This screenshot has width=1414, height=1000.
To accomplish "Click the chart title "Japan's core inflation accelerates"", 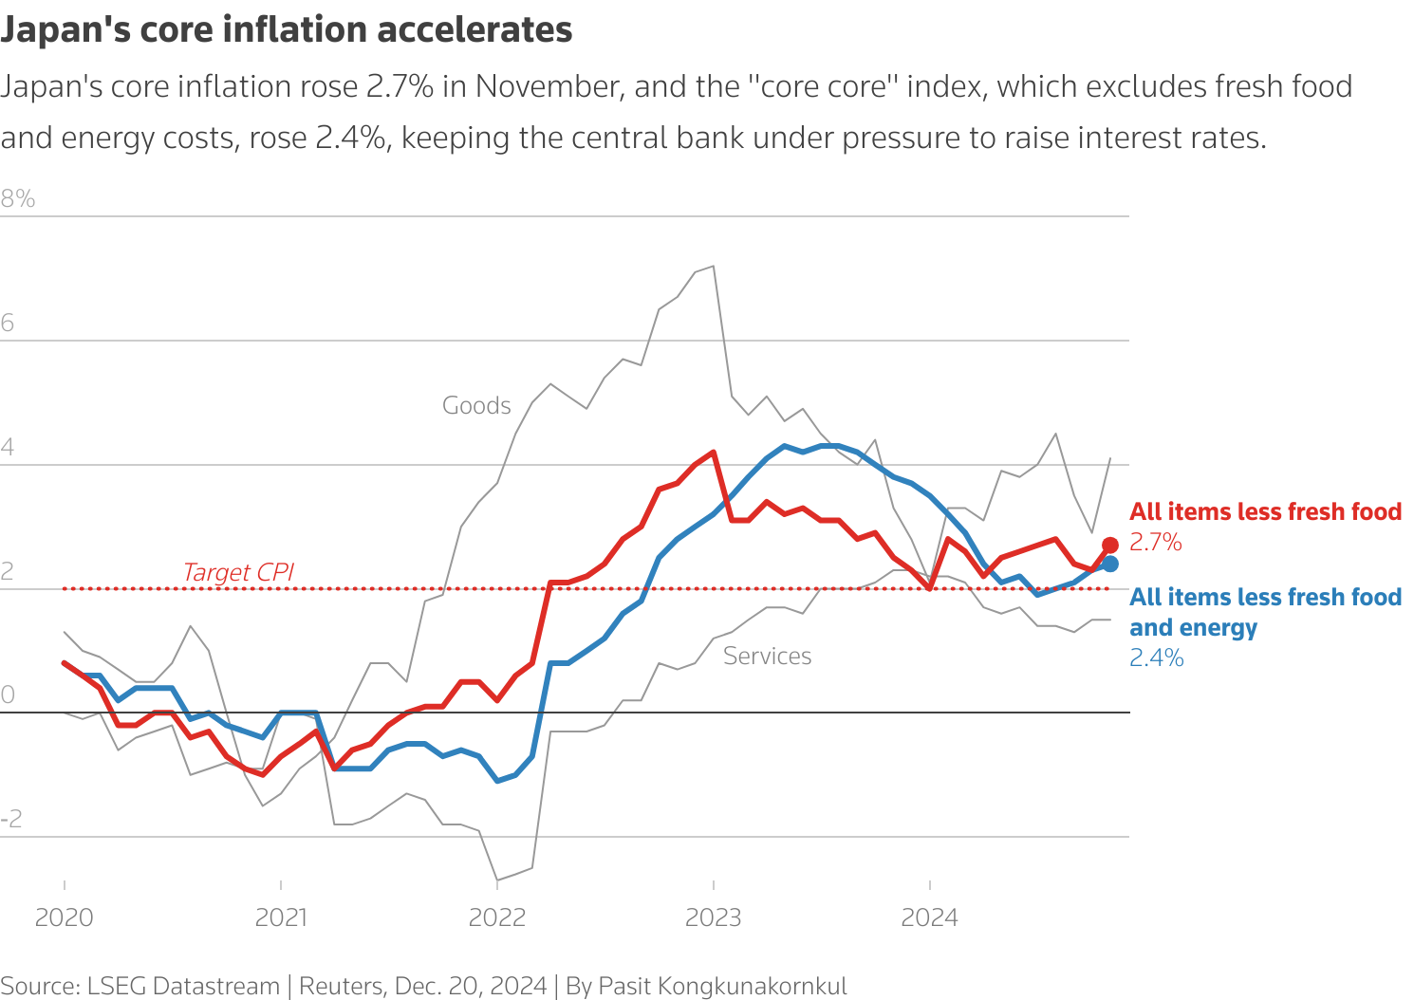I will point(287,29).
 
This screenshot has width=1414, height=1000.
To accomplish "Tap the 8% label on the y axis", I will point(18,198).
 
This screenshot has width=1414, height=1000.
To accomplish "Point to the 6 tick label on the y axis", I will point(8,323).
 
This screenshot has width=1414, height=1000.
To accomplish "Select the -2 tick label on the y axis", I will point(11,819).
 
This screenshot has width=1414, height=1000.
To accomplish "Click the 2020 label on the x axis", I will point(64,917).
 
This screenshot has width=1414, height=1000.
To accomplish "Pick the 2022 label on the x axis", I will point(497,917).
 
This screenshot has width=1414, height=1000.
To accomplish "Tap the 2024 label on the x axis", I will point(930,917).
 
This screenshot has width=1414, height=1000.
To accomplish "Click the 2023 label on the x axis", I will point(714,917).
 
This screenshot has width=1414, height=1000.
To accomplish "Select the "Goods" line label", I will point(476,405).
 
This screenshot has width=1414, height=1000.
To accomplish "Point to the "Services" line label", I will point(767,656).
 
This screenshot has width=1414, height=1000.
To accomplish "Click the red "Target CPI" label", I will point(238,572).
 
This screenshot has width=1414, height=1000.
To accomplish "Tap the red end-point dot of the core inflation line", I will point(1110,545).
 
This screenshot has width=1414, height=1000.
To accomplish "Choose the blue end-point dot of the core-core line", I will point(1110,564).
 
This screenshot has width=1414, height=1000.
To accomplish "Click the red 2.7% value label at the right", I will point(1155,542).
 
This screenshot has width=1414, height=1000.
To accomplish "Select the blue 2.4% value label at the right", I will point(1156,657).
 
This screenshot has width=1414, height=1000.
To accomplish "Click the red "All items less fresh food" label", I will point(1265,511).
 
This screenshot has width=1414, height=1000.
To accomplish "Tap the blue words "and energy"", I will point(1193,627).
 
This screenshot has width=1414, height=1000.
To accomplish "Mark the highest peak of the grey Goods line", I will point(713,267).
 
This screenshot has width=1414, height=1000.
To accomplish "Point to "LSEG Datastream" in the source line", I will point(183,986).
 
